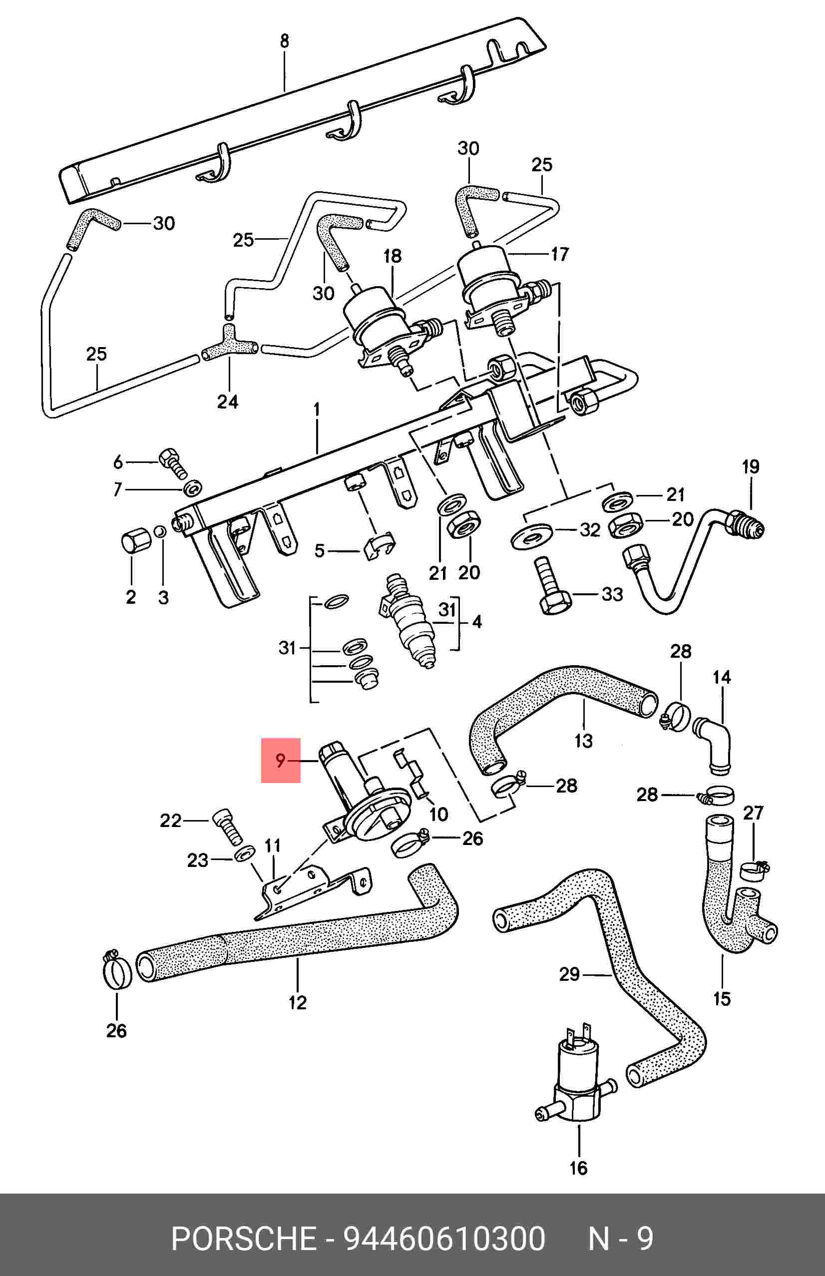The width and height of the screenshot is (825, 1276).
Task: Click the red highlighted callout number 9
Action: (280, 760)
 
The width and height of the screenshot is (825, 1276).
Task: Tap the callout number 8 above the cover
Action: (285, 41)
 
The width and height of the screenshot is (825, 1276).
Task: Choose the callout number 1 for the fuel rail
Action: (317, 411)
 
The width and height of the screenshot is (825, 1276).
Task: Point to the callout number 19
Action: (751, 466)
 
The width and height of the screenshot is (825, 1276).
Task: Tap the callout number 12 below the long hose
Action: (297, 1002)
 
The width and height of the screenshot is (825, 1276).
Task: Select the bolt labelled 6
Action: (172, 464)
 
